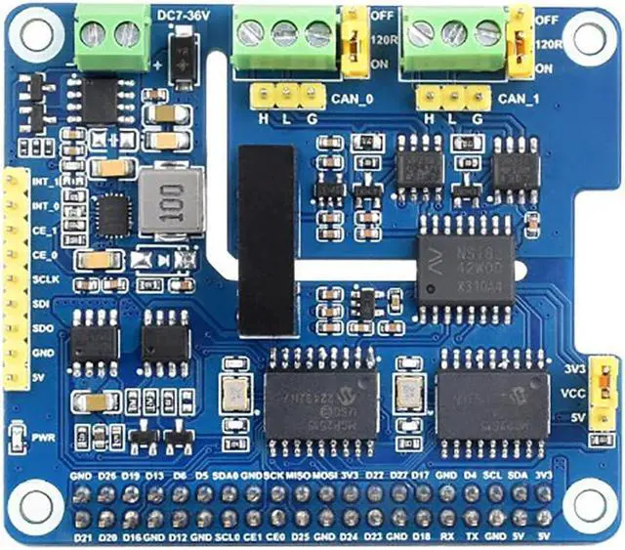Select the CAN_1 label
click(x=516, y=98)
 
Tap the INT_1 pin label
click(x=43, y=182)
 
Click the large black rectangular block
click(x=265, y=228)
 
